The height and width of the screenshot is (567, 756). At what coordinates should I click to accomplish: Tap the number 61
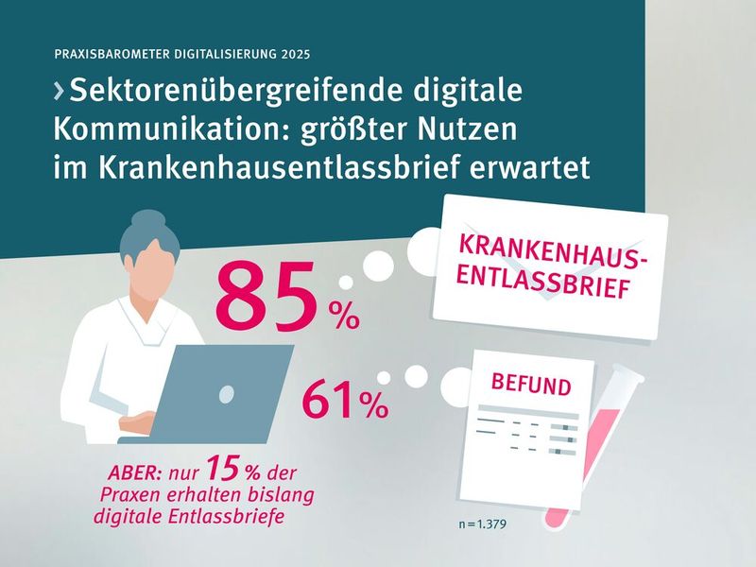point(329,400)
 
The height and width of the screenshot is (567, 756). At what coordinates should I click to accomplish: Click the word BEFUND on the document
point(530,386)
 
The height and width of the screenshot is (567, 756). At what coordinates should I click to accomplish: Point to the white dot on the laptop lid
point(225,389)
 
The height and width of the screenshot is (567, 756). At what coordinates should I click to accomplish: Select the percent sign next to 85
point(342,316)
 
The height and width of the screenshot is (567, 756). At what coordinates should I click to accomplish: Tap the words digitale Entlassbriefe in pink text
point(189,515)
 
